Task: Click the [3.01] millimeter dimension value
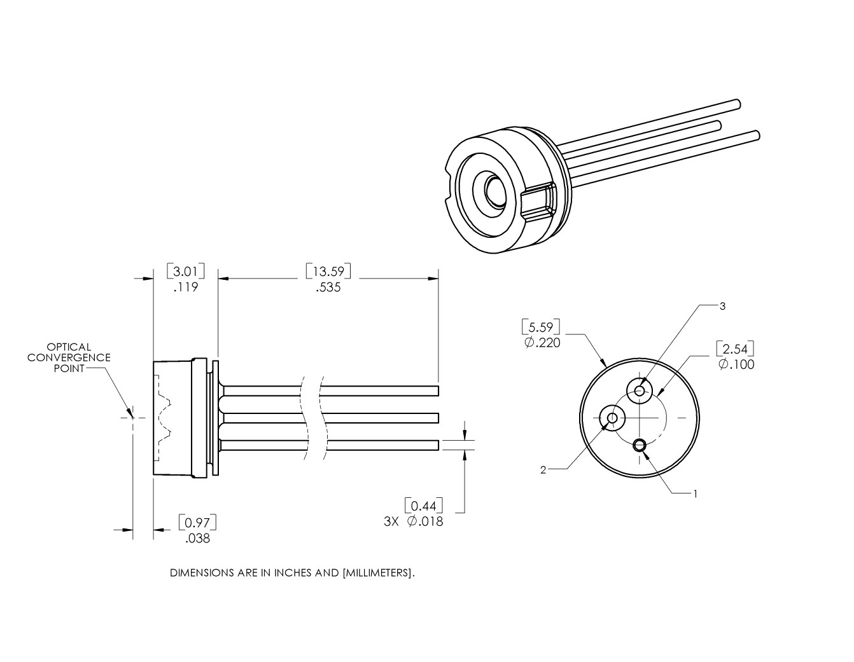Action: [x=186, y=272]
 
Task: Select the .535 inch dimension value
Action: [x=328, y=287]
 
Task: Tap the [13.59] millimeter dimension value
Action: [x=328, y=272]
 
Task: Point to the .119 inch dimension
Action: [x=186, y=287]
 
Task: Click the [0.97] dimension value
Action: [x=198, y=523]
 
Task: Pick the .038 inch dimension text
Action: [x=198, y=539]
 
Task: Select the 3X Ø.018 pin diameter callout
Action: [x=414, y=521]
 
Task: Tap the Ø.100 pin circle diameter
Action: [x=736, y=364]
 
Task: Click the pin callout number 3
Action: [x=722, y=306]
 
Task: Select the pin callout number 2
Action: [x=543, y=470]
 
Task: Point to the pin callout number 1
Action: [x=695, y=493]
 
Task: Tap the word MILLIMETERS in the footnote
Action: [x=378, y=572]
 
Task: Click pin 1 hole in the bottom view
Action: [x=640, y=445]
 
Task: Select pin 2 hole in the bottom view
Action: [x=612, y=418]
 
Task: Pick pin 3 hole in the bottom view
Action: [x=640, y=390]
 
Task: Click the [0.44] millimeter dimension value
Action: [x=424, y=506]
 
